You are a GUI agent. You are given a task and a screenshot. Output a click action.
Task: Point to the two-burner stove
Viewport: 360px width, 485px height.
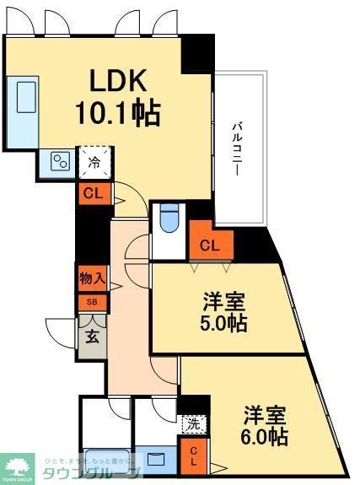(60, 160)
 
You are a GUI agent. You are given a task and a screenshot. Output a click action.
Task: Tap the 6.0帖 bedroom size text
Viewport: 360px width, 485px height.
(263, 438)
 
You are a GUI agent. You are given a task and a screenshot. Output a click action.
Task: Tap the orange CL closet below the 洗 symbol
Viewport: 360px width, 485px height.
(193, 455)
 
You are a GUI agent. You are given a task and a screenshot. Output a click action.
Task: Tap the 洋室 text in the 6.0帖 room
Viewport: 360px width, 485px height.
(264, 416)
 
